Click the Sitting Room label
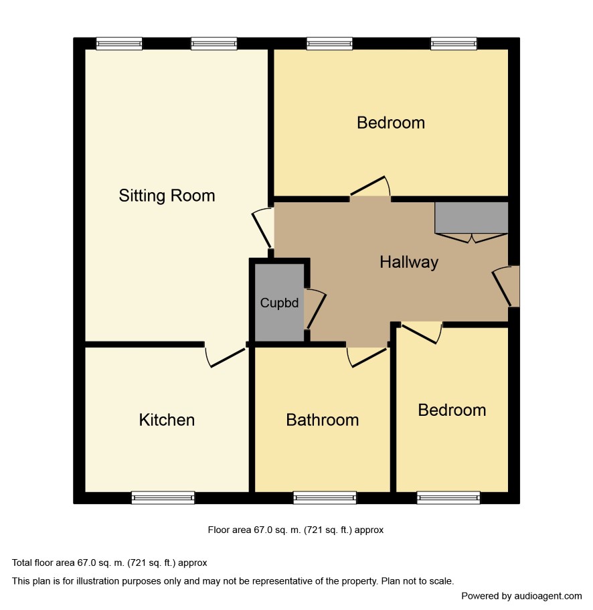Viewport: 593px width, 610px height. [167, 196]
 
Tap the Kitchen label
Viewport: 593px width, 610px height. [167, 420]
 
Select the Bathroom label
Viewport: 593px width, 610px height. [323, 420]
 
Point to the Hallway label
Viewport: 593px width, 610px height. [409, 262]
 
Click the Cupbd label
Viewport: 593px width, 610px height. [279, 303]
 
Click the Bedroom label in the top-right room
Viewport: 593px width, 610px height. [391, 123]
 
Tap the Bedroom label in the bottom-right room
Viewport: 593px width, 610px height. [452, 410]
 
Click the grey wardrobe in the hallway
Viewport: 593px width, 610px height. [471, 218]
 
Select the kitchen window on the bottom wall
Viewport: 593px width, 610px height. [163, 498]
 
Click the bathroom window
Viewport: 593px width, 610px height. [325, 498]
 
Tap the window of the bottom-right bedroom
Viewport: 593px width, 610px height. [448, 498]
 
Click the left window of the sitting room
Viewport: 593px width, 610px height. [119, 44]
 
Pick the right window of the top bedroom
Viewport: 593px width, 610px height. [454, 44]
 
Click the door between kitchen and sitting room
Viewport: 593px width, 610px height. [227, 357]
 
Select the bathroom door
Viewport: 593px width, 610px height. [368, 357]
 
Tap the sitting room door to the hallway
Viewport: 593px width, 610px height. [262, 230]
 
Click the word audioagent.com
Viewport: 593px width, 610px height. [548, 596]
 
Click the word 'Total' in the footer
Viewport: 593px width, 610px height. [22, 562]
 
